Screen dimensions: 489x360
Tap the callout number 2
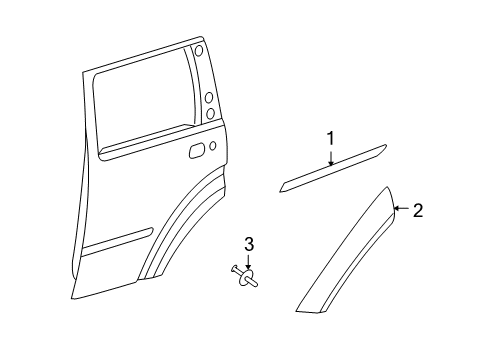pos(419,210)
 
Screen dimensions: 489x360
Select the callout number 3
pos(250,244)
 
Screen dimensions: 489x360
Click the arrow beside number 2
pos(401,209)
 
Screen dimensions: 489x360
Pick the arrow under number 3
pos(250,262)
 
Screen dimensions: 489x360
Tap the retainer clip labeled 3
pos(247,277)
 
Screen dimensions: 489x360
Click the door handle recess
pos(197,151)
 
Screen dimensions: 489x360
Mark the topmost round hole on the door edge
pos(199,50)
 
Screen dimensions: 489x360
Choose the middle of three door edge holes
pos(209,97)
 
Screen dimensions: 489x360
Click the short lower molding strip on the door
pos(119,241)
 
